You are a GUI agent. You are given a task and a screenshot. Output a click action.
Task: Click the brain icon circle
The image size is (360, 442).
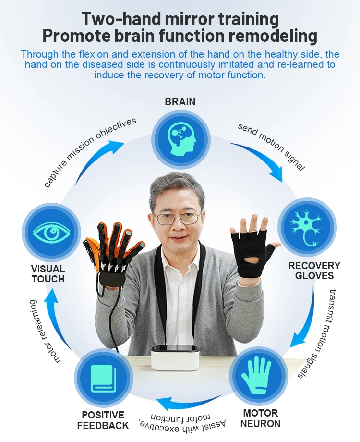[x=181, y=138]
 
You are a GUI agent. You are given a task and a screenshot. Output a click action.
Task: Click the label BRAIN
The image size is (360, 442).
[x=180, y=102]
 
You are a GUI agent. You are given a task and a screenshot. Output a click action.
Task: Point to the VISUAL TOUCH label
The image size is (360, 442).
[x=48, y=274]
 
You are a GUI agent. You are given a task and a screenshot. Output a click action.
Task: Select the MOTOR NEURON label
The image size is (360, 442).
[x=260, y=418]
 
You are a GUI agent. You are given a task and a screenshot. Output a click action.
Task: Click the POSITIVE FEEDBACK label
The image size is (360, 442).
[x=103, y=420]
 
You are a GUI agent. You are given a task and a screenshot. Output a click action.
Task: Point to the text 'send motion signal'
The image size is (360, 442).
[x=271, y=147]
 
